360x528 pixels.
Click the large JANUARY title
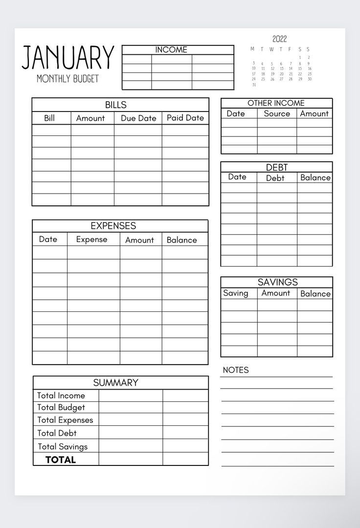pyautogui.click(x=68, y=57)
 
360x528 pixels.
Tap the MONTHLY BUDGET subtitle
pyautogui.click(x=67, y=79)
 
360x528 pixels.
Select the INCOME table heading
pyautogui.click(x=171, y=50)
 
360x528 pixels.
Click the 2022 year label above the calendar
pyautogui.click(x=280, y=39)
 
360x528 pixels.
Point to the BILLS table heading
pyautogui.click(x=115, y=105)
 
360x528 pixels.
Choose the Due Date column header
pyautogui.click(x=138, y=118)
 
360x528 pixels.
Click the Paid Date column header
pyautogui.click(x=185, y=118)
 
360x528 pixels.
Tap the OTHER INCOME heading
pyautogui.click(x=276, y=103)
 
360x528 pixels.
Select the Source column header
pyautogui.click(x=277, y=113)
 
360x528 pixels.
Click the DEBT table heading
pyautogui.click(x=277, y=168)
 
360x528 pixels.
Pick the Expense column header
pyautogui.click(x=91, y=240)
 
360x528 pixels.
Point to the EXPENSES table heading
pyautogui.click(x=113, y=226)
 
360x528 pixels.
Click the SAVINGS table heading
pyautogui.click(x=278, y=282)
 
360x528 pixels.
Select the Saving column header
pyautogui.click(x=236, y=293)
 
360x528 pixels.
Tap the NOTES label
pyautogui.click(x=236, y=370)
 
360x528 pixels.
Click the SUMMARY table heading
pyautogui.click(x=115, y=383)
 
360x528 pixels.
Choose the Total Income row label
pyautogui.click(x=61, y=396)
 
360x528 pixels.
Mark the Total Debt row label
pyautogui.click(x=57, y=433)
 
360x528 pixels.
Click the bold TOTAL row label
pyautogui.click(x=61, y=460)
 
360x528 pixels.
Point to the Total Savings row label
pyautogui.click(x=63, y=446)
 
